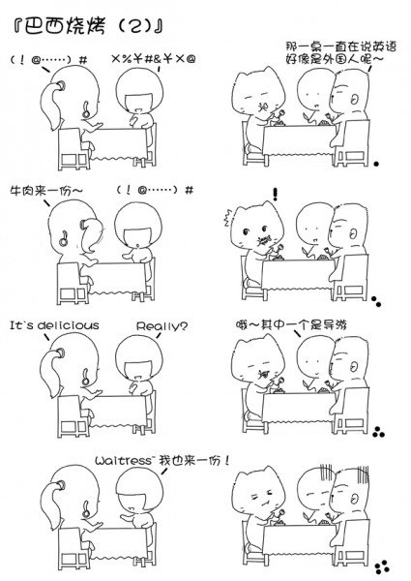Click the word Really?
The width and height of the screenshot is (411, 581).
click(161, 325)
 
